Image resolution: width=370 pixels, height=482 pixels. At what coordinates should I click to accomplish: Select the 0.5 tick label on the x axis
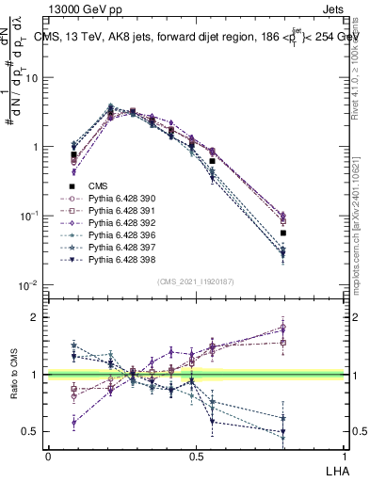click(196, 454)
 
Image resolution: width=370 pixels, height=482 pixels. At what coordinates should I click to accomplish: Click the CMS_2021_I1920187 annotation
click(195, 281)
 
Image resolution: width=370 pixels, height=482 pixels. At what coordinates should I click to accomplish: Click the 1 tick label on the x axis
click(345, 454)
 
